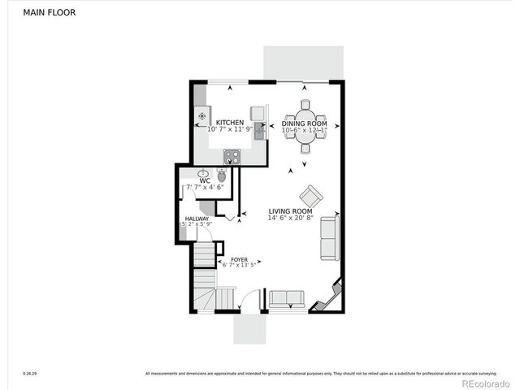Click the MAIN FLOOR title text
point(50,13)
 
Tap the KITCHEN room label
point(229,122)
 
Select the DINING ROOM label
point(305,123)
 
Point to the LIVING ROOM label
point(290,211)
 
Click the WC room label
point(193,180)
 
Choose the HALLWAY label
point(197,218)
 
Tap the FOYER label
point(239,259)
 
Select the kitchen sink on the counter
point(258,128)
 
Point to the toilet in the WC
point(221,174)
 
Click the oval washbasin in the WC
point(202,173)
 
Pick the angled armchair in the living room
point(310,196)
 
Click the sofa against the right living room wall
point(330,238)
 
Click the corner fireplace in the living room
point(330,298)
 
